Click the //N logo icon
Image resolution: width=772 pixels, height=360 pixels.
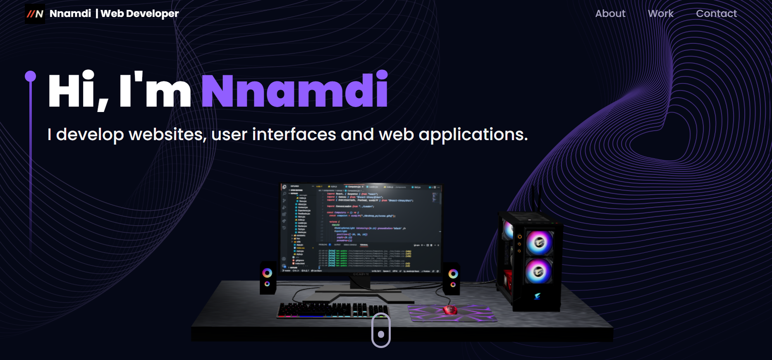click(x=35, y=14)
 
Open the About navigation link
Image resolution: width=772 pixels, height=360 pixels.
click(x=610, y=14)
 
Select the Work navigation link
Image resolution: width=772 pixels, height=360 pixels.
click(x=660, y=14)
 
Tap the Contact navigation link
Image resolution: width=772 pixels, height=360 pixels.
click(x=716, y=14)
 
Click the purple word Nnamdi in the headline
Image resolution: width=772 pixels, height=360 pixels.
click(x=294, y=91)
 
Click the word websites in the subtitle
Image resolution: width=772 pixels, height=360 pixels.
click(x=167, y=135)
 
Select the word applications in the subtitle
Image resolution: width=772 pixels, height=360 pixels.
click(x=473, y=135)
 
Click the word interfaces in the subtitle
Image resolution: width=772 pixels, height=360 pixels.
click(x=294, y=135)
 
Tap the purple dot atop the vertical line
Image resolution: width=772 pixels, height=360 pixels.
click(x=30, y=76)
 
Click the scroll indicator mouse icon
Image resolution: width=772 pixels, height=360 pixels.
click(x=381, y=330)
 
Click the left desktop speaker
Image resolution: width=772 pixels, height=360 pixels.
click(x=268, y=278)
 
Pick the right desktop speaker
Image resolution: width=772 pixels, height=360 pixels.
click(x=452, y=278)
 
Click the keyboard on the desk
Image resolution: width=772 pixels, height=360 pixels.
click(x=332, y=310)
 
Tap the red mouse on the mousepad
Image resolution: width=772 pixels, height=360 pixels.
click(x=450, y=310)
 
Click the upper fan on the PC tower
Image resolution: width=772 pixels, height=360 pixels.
click(x=538, y=242)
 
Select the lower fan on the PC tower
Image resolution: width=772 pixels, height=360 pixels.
click(x=538, y=271)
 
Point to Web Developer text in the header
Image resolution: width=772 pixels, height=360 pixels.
click(x=140, y=14)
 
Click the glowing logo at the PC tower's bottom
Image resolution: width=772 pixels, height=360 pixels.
click(x=537, y=296)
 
